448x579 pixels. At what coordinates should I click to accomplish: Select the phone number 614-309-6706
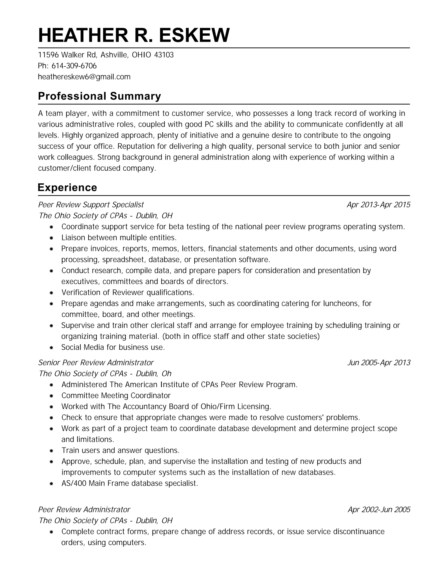pos(74,66)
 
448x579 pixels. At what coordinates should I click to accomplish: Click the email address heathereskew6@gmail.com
pos(84,77)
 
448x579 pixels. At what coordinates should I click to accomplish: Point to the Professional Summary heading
pos(100,96)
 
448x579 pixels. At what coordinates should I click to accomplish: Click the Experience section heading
pos(67,187)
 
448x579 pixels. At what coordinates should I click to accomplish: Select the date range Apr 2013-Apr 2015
pos(378,205)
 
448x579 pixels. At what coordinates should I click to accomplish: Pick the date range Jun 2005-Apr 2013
pos(379,362)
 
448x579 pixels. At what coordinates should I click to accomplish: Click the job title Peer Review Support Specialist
pos(91,205)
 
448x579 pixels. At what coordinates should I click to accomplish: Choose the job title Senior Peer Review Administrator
pos(96,362)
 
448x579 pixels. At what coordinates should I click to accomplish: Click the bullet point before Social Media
pos(51,348)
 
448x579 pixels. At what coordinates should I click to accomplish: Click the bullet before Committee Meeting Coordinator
pos(51,396)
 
